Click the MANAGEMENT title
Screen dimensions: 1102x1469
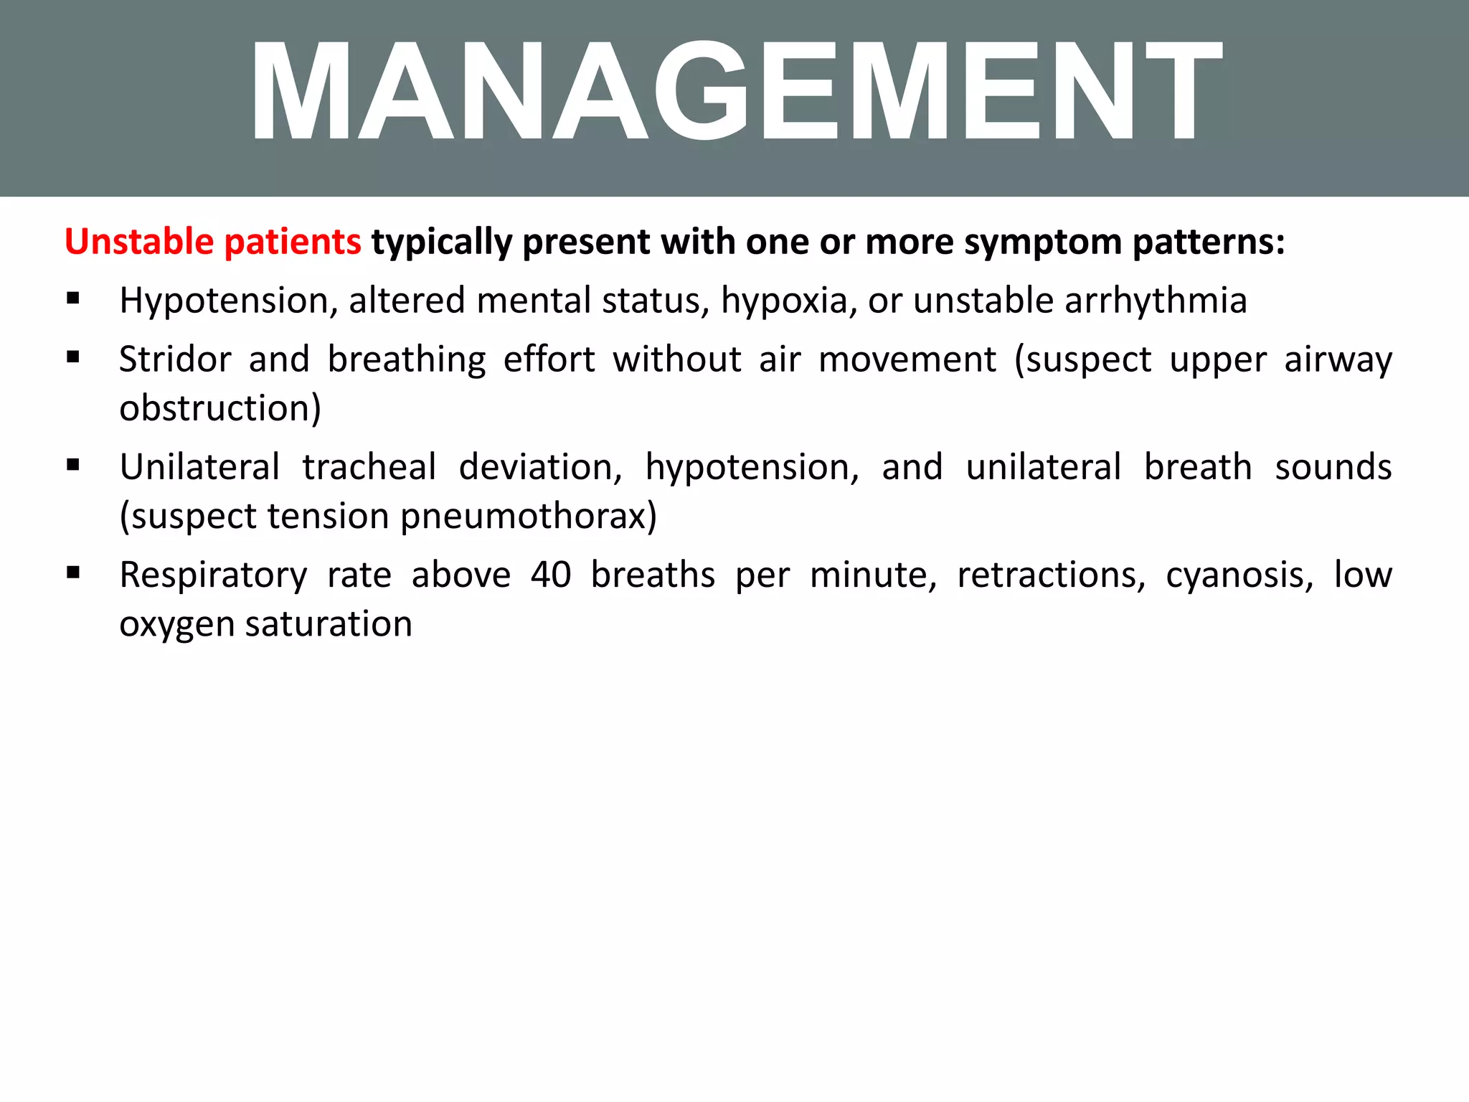734,92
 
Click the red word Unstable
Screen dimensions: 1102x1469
138,242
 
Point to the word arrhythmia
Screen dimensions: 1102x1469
1156,301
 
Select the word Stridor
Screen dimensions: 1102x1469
175,359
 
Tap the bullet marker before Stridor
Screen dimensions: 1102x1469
72,357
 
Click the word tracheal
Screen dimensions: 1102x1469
369,467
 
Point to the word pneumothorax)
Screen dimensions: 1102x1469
528,517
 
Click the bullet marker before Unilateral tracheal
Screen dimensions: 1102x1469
72,465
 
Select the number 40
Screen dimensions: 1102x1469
550,575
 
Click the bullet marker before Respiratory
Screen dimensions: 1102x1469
72,573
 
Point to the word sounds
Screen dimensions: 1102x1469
1333,467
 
